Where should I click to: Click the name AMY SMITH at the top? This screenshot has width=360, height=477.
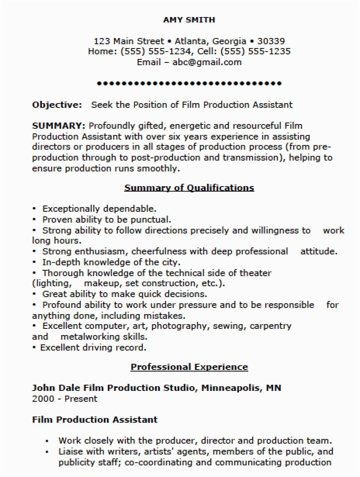point(189,20)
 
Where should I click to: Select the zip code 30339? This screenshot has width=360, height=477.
point(271,41)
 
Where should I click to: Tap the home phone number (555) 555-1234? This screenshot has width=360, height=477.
point(156,52)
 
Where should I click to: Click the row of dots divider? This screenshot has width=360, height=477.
point(189,83)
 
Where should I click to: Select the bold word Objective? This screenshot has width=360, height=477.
point(57,105)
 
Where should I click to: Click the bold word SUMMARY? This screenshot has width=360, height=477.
point(59,126)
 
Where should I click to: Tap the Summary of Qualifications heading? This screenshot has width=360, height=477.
point(189,188)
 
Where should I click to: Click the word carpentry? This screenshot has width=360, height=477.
point(270,326)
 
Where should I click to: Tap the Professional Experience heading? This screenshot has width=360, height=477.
point(189,367)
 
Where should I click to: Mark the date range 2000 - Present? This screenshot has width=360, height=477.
point(64,399)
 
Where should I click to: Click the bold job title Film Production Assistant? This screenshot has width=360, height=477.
point(95,420)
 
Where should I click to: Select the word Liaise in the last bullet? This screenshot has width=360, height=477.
point(69,451)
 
